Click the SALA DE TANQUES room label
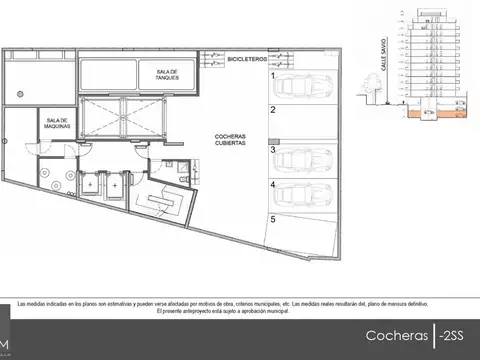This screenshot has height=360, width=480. (x=166, y=75)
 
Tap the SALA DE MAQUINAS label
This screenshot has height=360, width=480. (x=54, y=122)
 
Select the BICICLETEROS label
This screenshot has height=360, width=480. (x=246, y=61)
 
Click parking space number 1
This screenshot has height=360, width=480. (x=273, y=75)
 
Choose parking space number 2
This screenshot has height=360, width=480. (x=272, y=112)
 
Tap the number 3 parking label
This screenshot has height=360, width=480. (x=273, y=150)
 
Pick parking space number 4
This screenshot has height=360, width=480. (x=273, y=186)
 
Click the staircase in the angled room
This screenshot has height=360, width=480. (x=166, y=206)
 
